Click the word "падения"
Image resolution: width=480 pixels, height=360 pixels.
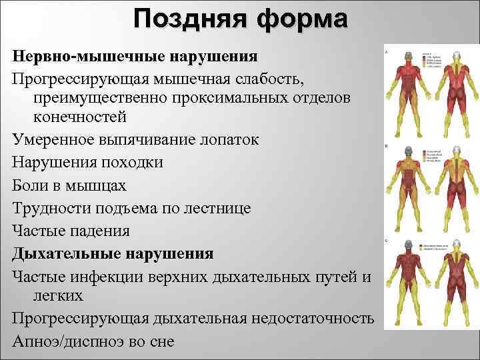click(95, 230)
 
